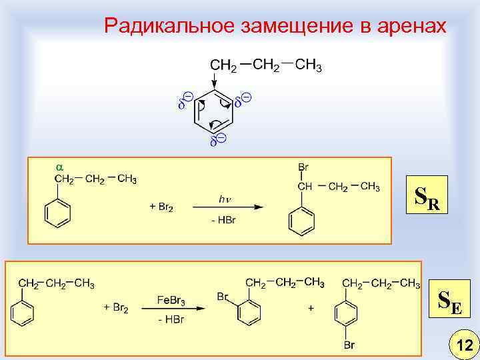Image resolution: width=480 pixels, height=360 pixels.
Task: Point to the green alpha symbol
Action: click(x=59, y=164)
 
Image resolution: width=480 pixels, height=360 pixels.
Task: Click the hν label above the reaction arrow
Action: click(x=225, y=198)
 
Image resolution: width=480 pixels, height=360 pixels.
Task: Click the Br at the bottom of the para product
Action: click(x=349, y=345)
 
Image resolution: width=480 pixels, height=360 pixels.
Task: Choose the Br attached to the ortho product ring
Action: click(x=224, y=296)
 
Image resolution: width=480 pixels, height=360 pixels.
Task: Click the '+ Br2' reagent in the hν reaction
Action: click(x=161, y=207)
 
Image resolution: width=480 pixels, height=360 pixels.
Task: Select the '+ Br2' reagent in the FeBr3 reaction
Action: click(x=117, y=307)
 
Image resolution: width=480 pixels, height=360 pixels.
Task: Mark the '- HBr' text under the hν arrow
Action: click(x=225, y=220)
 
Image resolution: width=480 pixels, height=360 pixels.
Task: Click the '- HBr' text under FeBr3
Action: click(x=171, y=320)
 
